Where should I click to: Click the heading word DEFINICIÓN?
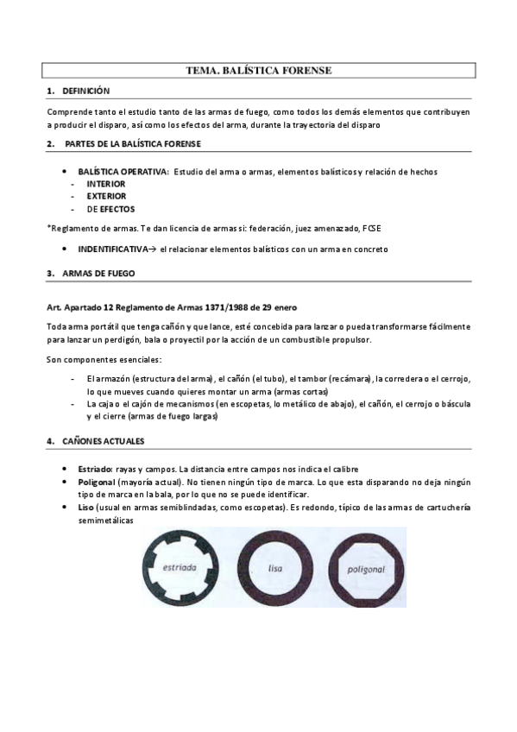tap(86, 91)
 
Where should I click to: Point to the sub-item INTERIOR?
tap(105, 184)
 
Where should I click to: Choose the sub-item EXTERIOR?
tap(106, 196)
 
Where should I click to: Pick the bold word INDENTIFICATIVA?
tap(112, 249)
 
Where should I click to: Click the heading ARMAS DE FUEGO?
tap(98, 274)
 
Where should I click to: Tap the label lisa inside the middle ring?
tap(276, 569)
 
